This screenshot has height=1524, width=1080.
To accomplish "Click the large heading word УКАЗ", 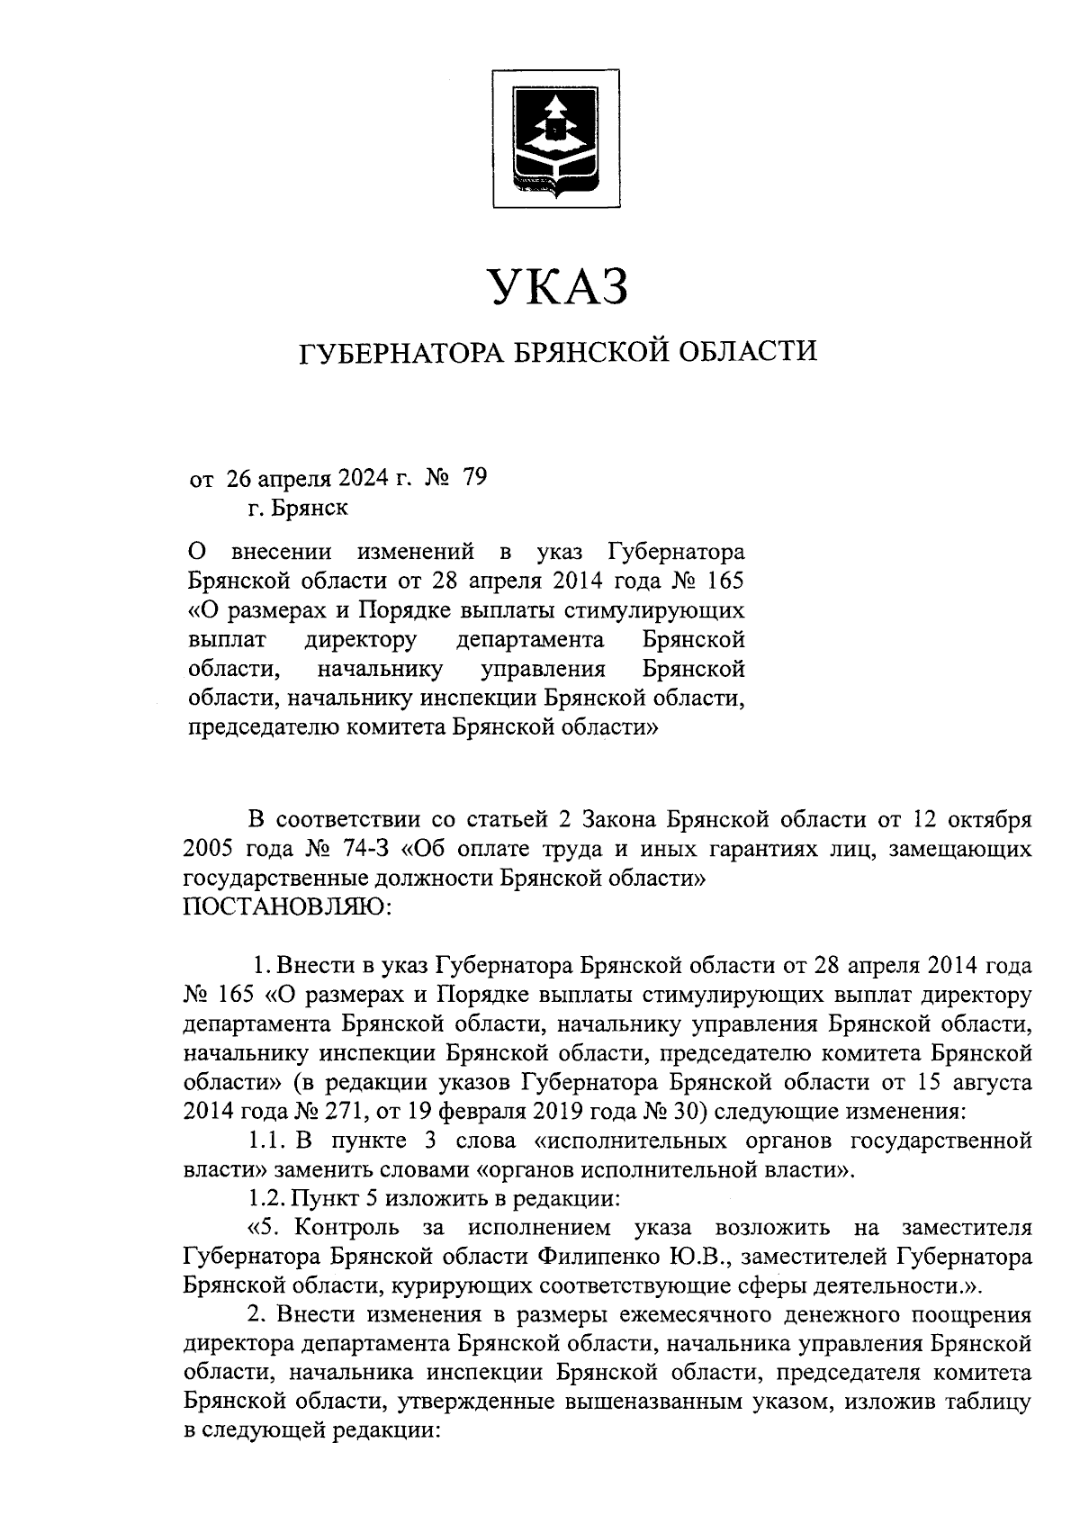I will tap(557, 287).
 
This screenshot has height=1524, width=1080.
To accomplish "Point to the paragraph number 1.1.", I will tap(267, 1141).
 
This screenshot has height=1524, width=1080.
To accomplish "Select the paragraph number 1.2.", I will tap(267, 1199).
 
